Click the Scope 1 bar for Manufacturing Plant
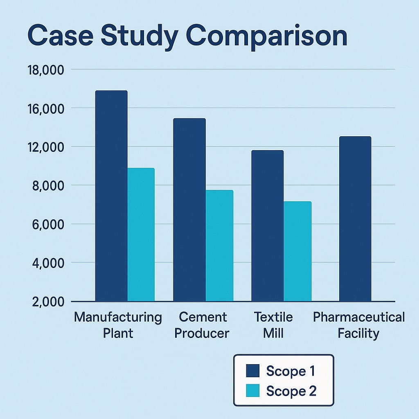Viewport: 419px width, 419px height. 111,196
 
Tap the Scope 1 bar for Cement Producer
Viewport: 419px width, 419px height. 189,210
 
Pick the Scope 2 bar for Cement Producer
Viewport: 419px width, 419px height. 219,246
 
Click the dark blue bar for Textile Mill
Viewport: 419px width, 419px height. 267,226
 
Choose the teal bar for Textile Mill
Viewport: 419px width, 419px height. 297,251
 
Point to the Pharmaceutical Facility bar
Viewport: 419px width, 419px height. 355,219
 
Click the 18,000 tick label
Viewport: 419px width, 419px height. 46,70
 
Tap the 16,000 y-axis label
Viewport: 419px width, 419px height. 46,109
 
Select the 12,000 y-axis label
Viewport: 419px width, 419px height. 46,147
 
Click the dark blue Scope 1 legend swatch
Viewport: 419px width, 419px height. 253,371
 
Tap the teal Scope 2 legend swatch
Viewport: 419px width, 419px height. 253,391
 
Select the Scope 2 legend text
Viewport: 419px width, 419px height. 291,391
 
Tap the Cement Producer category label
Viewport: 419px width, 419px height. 202,325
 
